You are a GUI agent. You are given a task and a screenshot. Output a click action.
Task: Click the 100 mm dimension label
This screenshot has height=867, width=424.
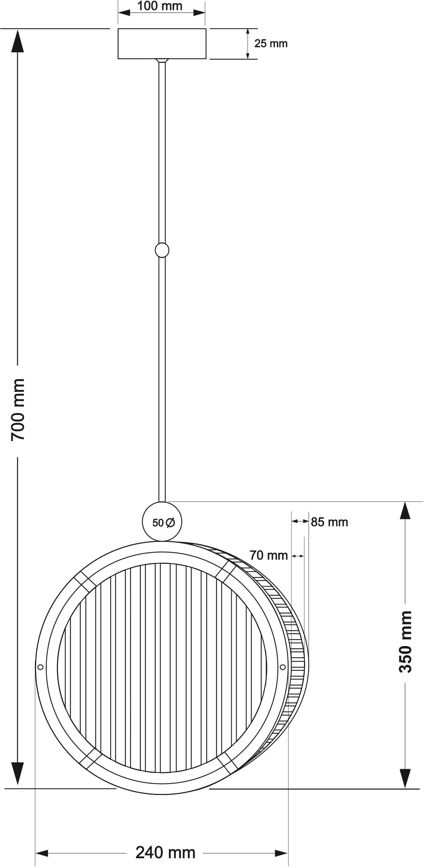(x=159, y=6)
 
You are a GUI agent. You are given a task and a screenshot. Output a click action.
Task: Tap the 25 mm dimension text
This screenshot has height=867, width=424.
(x=271, y=44)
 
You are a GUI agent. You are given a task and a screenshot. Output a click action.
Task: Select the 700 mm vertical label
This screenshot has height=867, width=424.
(x=18, y=410)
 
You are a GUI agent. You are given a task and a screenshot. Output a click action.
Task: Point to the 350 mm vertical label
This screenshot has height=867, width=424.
(x=405, y=642)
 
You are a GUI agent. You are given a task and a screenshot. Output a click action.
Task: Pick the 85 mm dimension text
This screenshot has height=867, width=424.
(x=329, y=522)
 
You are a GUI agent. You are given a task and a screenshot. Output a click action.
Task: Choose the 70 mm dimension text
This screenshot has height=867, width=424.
(x=269, y=556)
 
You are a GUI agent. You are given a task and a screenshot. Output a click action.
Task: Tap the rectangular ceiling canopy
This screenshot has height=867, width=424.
(x=162, y=44)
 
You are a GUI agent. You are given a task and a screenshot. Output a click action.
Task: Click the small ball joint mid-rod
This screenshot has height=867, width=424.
(x=162, y=250)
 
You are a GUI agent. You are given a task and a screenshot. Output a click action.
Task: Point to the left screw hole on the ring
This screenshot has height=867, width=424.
(x=41, y=667)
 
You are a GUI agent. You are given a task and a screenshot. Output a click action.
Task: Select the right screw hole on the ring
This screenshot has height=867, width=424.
(x=282, y=667)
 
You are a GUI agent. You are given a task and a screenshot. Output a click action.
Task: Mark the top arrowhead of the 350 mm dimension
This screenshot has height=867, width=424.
(x=405, y=512)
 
